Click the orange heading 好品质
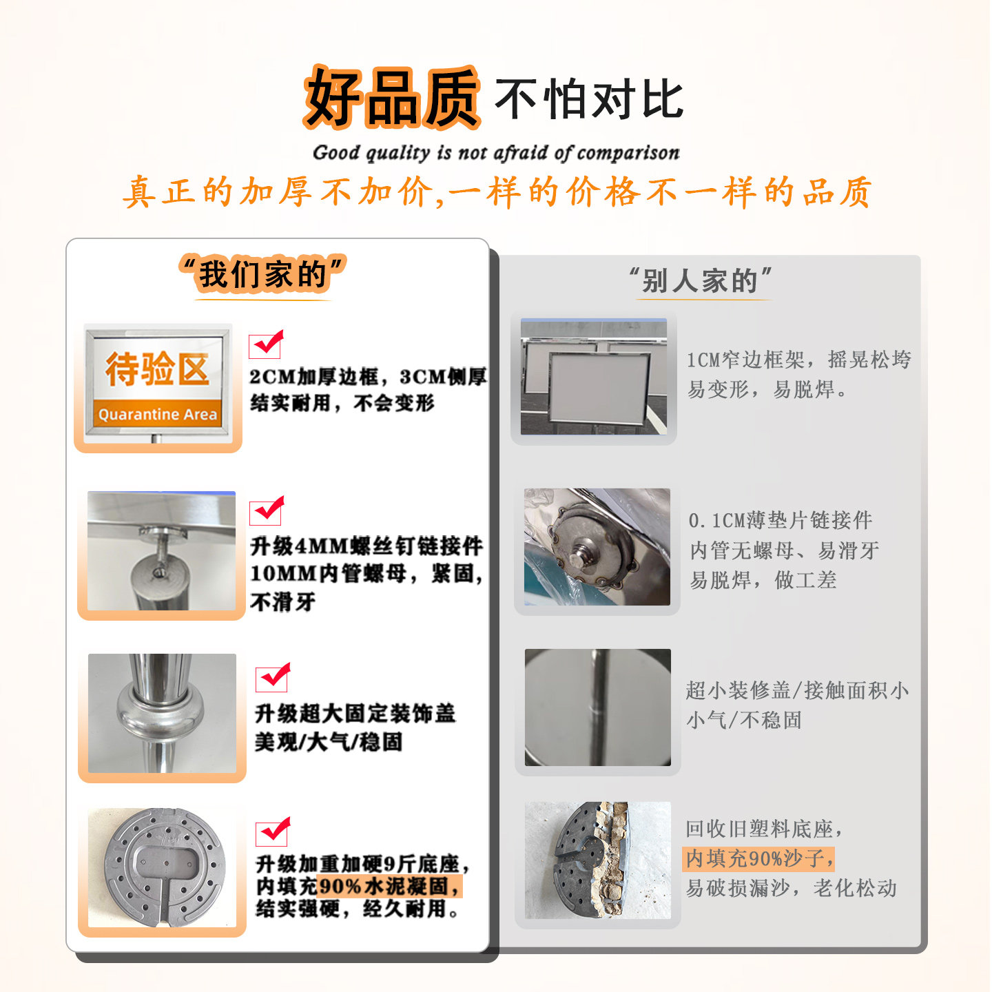click(x=391, y=98)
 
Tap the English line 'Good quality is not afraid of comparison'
click(x=496, y=152)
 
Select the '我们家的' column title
click(x=262, y=274)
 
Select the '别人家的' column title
click(x=700, y=280)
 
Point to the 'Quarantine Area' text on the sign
click(x=158, y=414)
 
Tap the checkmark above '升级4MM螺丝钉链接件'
click(x=267, y=510)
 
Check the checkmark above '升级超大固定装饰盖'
click(x=273, y=678)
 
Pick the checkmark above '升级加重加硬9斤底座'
click(x=273, y=832)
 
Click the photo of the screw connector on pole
click(x=162, y=550)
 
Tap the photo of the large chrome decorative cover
click(x=162, y=713)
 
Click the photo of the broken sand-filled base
click(x=597, y=860)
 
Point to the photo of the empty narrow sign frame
click(x=593, y=377)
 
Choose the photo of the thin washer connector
click(x=597, y=547)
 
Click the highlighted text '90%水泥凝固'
click(x=389, y=886)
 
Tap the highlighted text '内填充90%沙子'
click(x=759, y=858)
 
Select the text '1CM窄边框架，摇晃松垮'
click(x=798, y=360)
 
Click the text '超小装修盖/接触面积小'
click(x=797, y=690)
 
